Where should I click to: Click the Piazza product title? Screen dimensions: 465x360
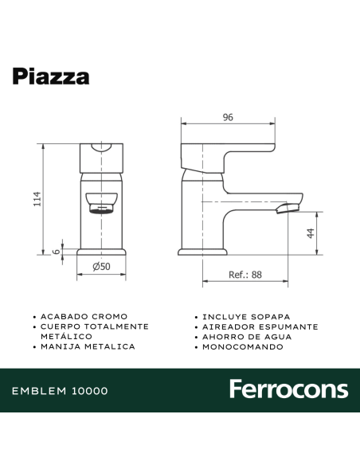pos(50,76)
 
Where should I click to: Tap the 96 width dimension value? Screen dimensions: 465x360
pos(228,118)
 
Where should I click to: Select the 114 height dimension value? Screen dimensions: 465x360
pos(37,198)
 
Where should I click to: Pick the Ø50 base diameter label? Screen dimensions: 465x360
pos(101,268)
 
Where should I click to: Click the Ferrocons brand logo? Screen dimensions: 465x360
pos(288,389)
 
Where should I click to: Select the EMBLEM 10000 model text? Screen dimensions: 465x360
pos(61,391)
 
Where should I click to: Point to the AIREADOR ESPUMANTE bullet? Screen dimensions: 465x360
pos(260,326)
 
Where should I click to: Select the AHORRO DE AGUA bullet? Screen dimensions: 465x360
pos(247,337)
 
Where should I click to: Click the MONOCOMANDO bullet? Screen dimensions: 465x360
pos(241,347)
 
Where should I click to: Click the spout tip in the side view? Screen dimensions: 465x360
pos(288,208)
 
